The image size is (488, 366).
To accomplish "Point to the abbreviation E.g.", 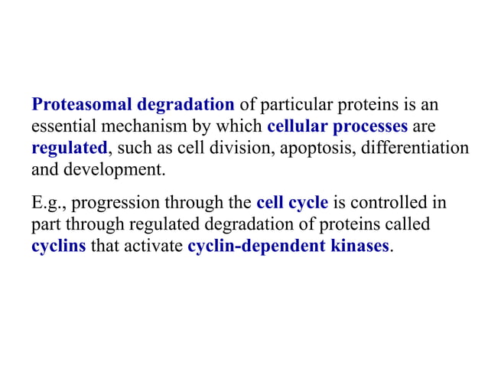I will coord(48,204).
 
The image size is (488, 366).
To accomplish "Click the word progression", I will coord(115,204).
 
